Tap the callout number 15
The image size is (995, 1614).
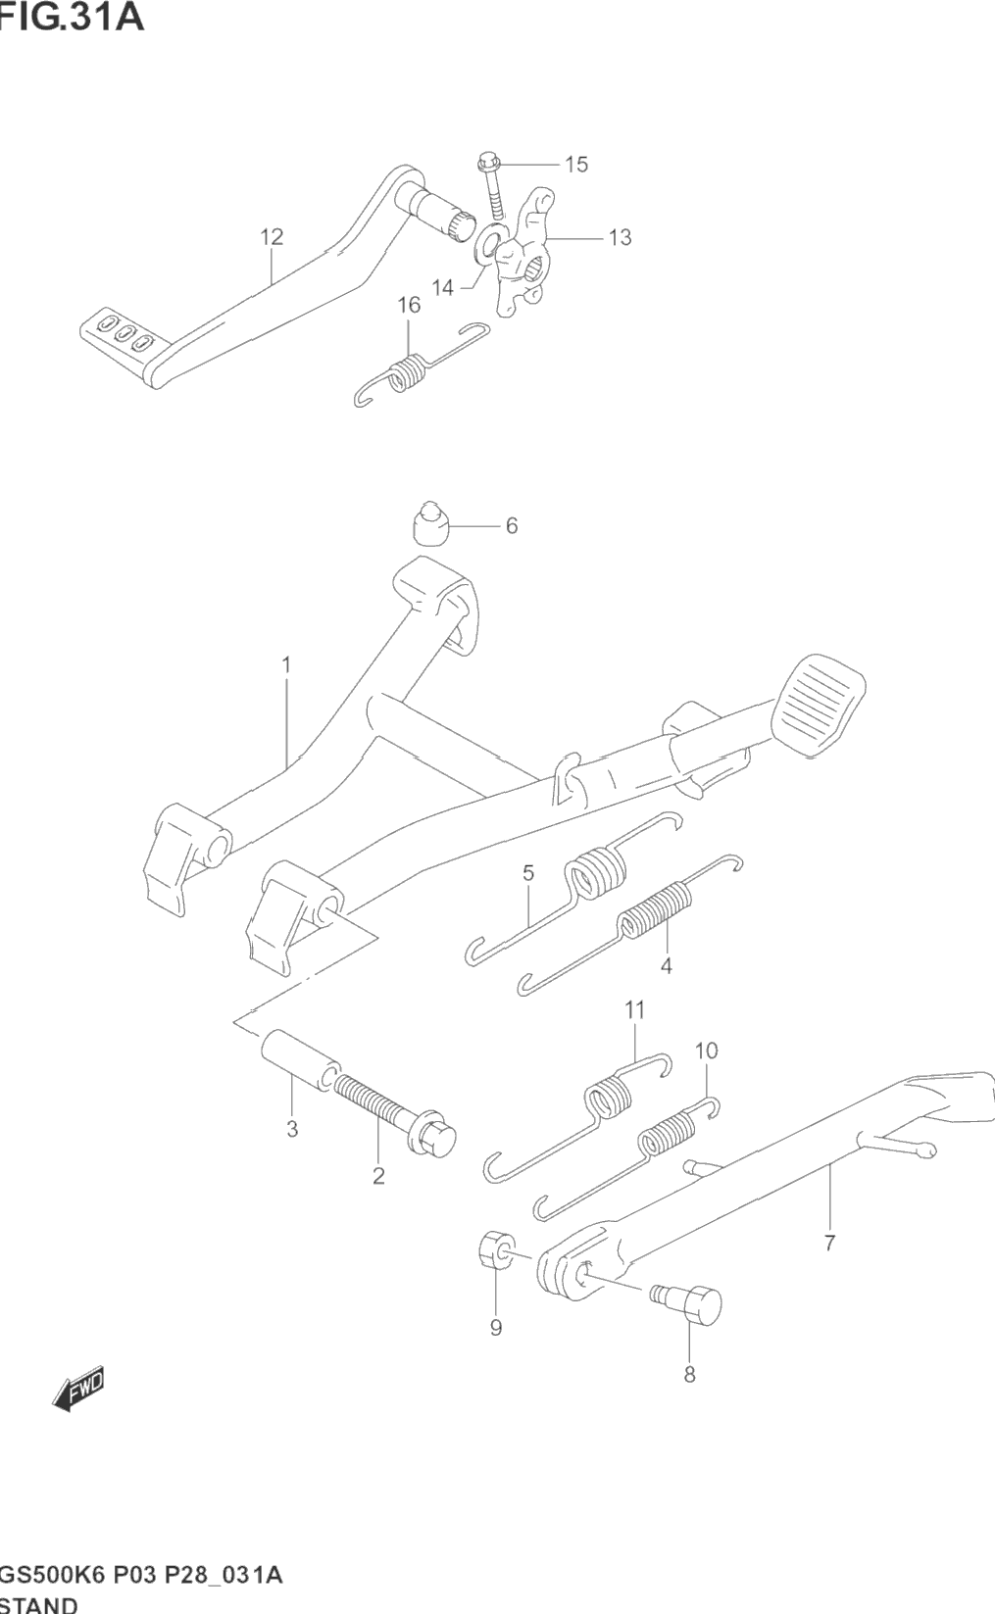[x=576, y=165]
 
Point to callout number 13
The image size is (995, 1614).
[x=620, y=237]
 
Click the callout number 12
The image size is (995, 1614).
[x=272, y=236]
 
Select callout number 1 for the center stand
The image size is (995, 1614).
[x=286, y=665]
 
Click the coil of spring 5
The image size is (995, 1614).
[x=598, y=871]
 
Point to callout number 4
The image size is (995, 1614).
[x=667, y=965]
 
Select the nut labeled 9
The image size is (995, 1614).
[x=495, y=1252]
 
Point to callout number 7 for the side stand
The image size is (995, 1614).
[x=829, y=1244]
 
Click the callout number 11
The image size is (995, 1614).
[x=634, y=1009]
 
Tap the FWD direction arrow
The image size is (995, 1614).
[x=78, y=1389]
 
